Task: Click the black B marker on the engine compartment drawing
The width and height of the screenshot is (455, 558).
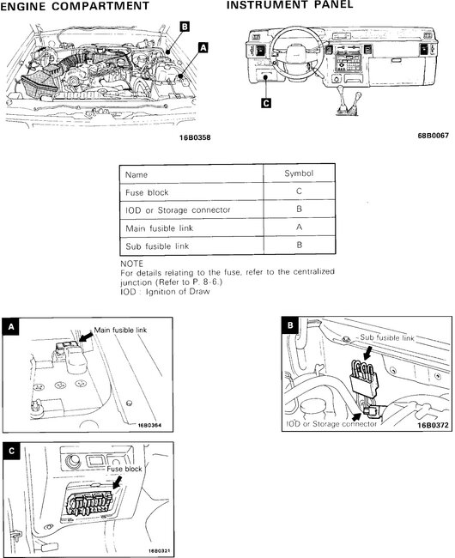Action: point(185,27)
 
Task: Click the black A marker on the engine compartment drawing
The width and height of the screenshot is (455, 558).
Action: point(203,47)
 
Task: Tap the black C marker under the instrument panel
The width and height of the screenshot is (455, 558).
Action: point(266,103)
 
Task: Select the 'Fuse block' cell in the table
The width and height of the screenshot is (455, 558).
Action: point(147,192)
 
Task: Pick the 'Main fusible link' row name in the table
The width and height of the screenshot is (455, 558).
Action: point(159,228)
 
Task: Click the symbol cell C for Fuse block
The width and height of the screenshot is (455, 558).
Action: point(299,191)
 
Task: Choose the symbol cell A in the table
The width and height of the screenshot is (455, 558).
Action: point(299,227)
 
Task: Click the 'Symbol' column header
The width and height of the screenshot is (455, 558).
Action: point(299,173)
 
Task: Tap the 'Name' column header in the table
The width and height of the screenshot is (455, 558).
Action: point(136,175)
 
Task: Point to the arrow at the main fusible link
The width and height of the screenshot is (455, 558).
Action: point(86,337)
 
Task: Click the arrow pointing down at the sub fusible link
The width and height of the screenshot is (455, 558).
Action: point(367,354)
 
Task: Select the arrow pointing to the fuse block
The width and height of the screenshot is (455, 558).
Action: point(117,483)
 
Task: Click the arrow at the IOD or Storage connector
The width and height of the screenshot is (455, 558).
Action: point(357,416)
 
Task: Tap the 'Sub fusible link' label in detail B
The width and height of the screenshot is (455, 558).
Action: point(387,337)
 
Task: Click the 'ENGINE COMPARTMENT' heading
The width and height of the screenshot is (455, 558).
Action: point(75,6)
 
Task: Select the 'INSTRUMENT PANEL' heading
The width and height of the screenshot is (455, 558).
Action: point(290,4)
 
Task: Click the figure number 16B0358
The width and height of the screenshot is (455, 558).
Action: point(195,137)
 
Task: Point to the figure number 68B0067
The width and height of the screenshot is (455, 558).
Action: point(434,136)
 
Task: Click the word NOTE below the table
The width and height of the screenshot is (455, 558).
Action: point(131,264)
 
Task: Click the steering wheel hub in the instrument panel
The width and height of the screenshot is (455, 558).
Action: point(297,52)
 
